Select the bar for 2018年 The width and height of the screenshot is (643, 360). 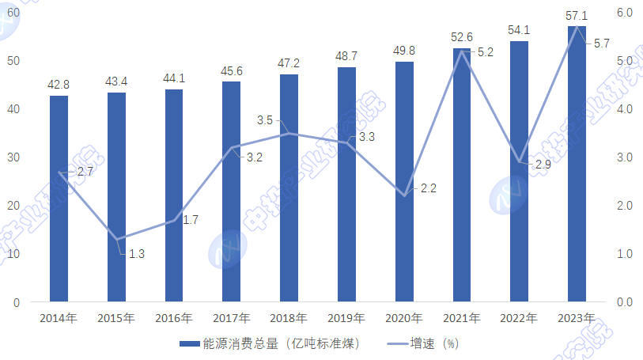(x=289, y=188)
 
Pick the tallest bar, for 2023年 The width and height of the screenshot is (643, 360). (x=577, y=164)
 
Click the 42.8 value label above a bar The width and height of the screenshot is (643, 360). (x=59, y=85)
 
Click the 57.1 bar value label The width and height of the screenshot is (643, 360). (x=577, y=15)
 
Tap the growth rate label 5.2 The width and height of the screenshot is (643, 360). (x=486, y=52)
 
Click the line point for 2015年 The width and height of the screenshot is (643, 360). (x=116, y=239)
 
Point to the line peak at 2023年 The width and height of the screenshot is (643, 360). (x=577, y=28)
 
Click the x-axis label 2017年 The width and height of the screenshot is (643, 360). (x=232, y=318)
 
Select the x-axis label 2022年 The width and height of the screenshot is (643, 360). (x=519, y=318)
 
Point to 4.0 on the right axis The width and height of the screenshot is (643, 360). (x=624, y=109)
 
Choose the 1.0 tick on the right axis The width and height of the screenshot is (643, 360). (x=624, y=254)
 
